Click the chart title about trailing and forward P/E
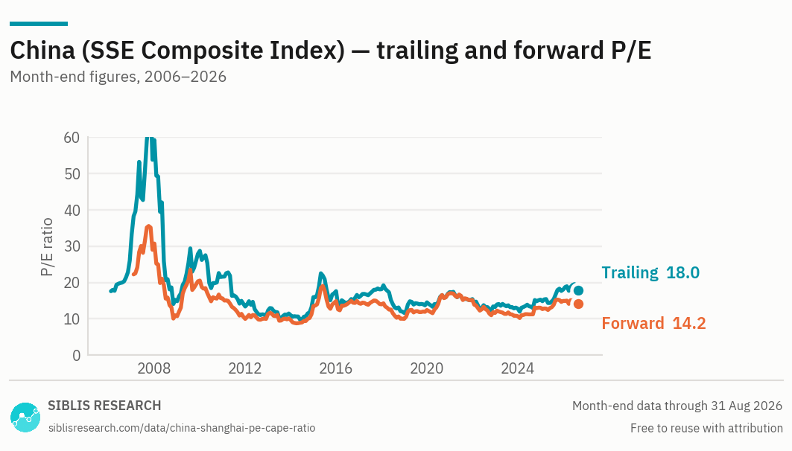(x=331, y=51)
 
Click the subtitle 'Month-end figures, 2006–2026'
(x=118, y=77)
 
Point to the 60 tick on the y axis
(x=72, y=137)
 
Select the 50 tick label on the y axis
(x=72, y=173)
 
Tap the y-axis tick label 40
(x=72, y=210)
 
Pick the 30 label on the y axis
(x=72, y=246)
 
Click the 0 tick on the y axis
(x=76, y=356)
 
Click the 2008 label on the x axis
(x=154, y=368)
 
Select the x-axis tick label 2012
(x=245, y=368)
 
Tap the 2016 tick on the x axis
(x=336, y=368)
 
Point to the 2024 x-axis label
(x=517, y=368)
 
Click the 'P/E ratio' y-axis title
(x=46, y=246)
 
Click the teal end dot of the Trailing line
(x=578, y=290)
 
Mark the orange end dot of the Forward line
(x=578, y=304)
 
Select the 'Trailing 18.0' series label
(x=650, y=272)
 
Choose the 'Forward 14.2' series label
(x=653, y=323)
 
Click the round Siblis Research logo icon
(x=25, y=418)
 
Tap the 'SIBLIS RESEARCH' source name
(x=104, y=406)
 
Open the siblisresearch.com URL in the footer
(x=182, y=428)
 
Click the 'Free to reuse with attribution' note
(x=706, y=428)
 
